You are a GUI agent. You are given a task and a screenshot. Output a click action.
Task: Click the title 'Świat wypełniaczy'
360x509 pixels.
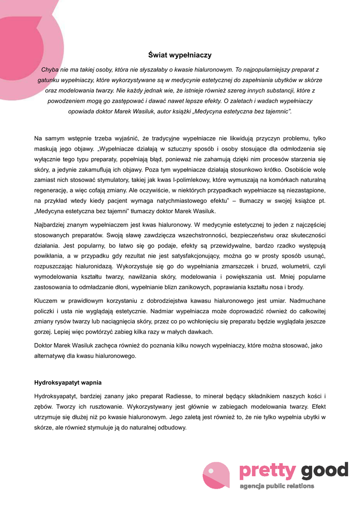pyautogui.click(x=180, y=55)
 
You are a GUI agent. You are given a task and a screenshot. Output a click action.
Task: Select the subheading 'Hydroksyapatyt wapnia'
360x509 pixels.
pyautogui.click(x=68, y=382)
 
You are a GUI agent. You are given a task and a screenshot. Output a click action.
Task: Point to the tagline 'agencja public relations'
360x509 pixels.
pyautogui.click(x=277, y=486)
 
